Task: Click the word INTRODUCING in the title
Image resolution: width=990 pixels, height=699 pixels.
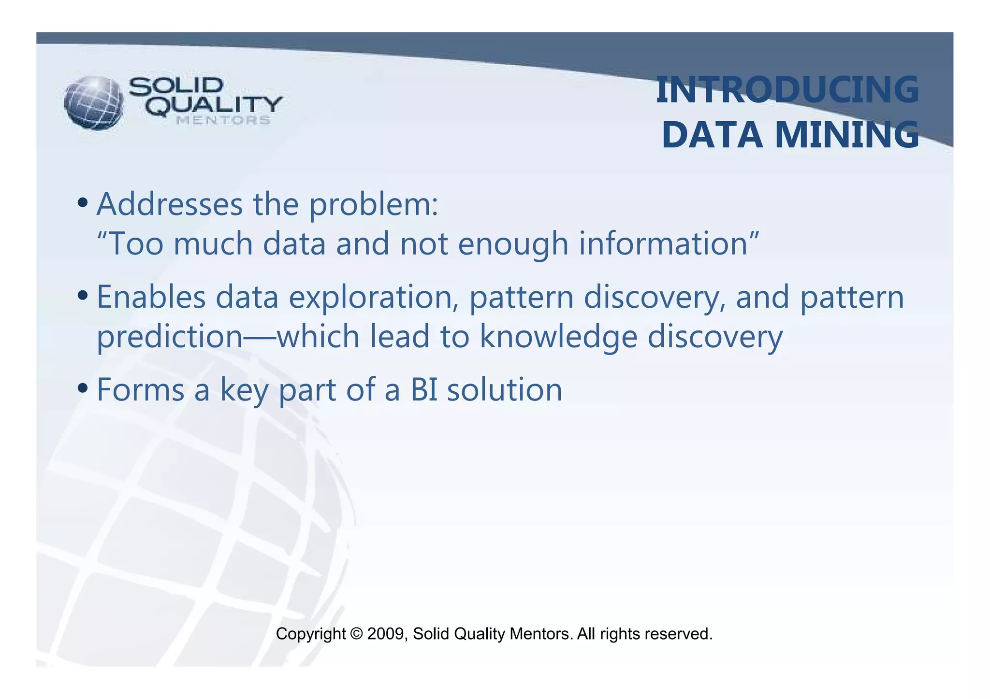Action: (787, 90)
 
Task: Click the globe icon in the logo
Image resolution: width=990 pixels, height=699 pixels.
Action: (94, 103)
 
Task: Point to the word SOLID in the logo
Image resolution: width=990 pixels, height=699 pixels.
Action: (176, 86)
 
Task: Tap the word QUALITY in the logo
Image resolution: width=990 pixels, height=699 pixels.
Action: (214, 105)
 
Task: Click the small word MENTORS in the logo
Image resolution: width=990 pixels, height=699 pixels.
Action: (223, 120)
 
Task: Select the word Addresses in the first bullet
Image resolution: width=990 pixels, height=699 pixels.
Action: (169, 204)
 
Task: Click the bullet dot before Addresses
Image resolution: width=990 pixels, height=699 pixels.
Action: (83, 202)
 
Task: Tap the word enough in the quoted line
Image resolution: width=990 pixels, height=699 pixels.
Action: (512, 244)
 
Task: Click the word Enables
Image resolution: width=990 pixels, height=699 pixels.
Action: (151, 297)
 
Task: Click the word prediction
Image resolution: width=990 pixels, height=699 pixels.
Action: (169, 337)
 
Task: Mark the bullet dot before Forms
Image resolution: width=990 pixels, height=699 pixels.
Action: (83, 387)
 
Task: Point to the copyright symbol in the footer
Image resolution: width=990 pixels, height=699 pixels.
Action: (356, 634)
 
